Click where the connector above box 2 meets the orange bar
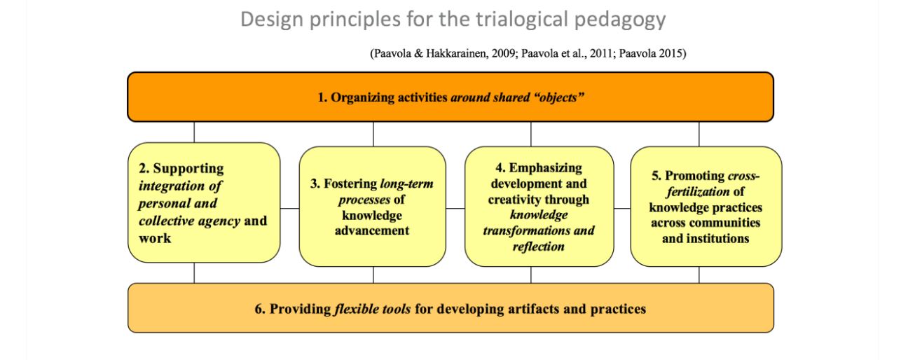194,121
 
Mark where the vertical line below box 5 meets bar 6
699,284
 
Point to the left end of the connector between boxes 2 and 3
280,208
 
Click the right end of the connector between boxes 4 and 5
631,208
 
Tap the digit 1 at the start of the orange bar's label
321,97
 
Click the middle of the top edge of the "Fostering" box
373,147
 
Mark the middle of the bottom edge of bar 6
451,332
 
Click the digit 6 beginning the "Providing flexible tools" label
259,309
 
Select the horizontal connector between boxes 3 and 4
455,208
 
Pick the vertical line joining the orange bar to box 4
531,134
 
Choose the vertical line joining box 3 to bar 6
373,275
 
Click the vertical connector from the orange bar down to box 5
699,134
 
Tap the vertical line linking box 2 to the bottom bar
194,273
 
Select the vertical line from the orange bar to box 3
373,134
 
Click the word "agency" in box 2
219,221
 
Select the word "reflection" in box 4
539,247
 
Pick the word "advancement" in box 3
372,230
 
